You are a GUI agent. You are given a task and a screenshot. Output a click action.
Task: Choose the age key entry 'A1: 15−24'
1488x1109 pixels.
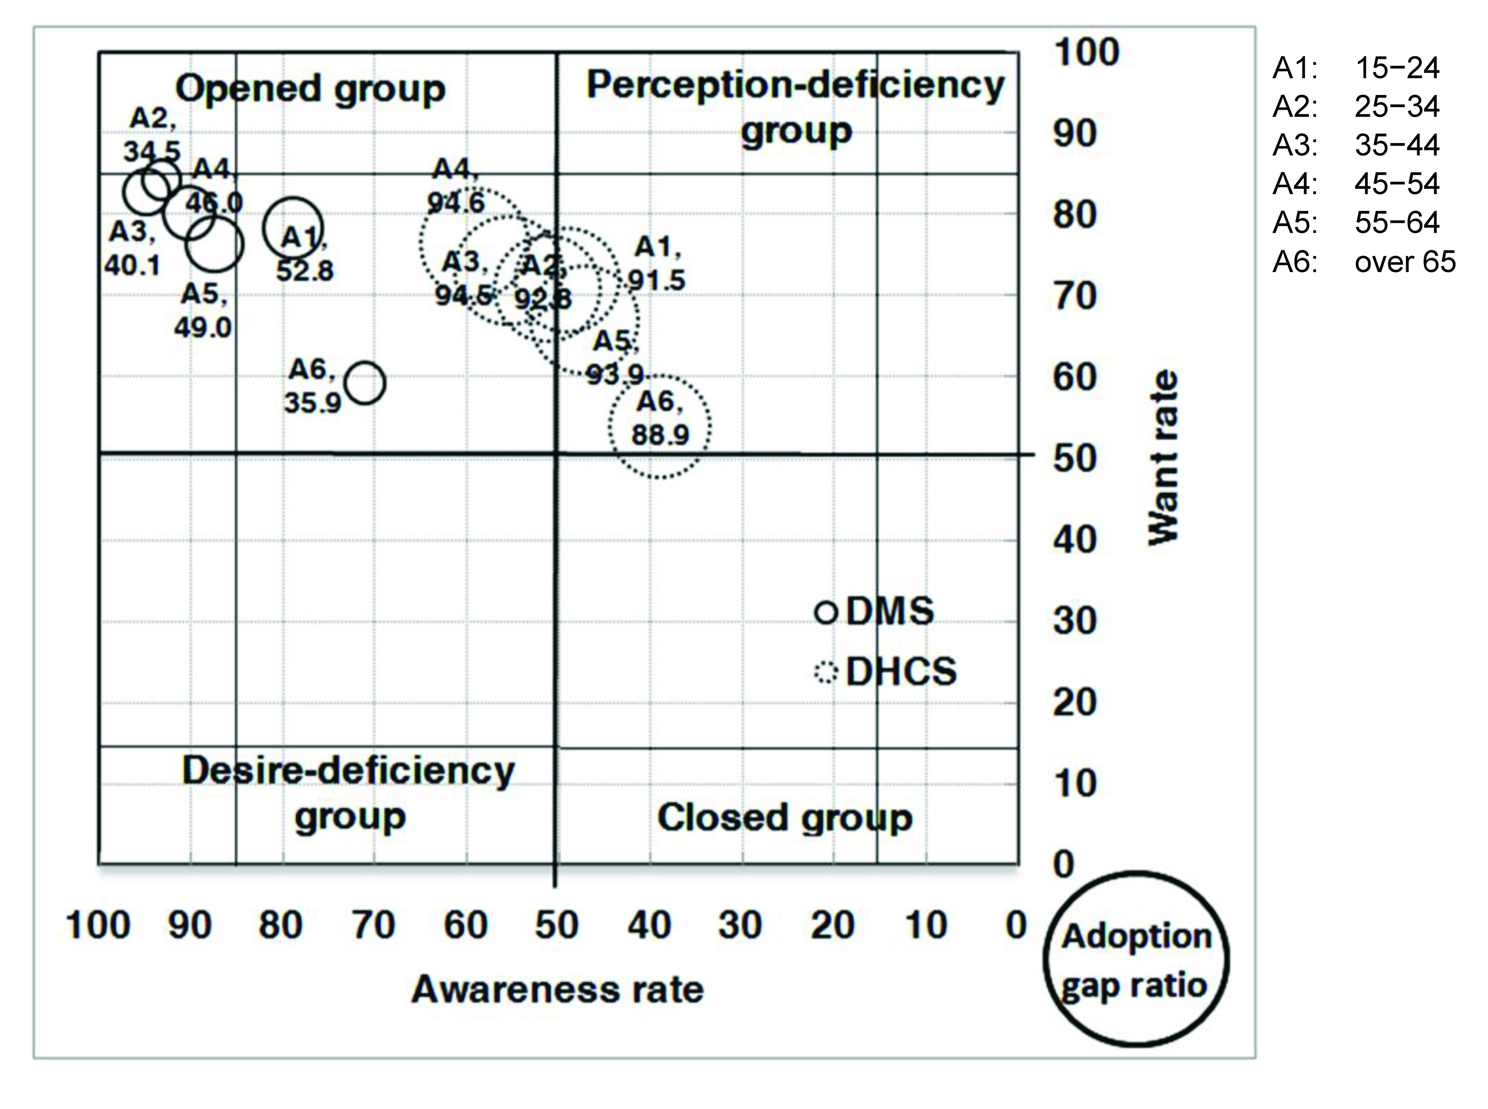pyautogui.click(x=1356, y=68)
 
